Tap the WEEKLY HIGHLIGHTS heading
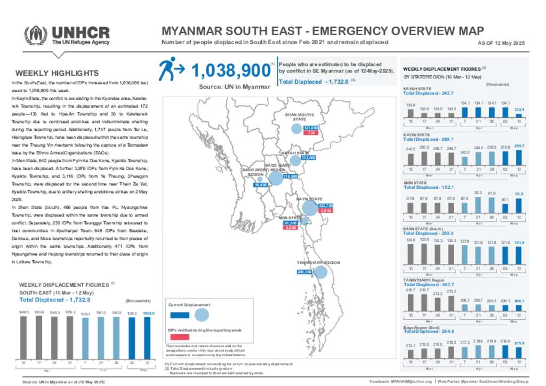57,73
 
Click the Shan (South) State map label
299,117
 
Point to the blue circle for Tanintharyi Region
320,272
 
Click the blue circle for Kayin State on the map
309,208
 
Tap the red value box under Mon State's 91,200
291,228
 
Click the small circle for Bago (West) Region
260,179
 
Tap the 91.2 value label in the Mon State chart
519,194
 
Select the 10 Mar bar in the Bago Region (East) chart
410,352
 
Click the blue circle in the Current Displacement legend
202,315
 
